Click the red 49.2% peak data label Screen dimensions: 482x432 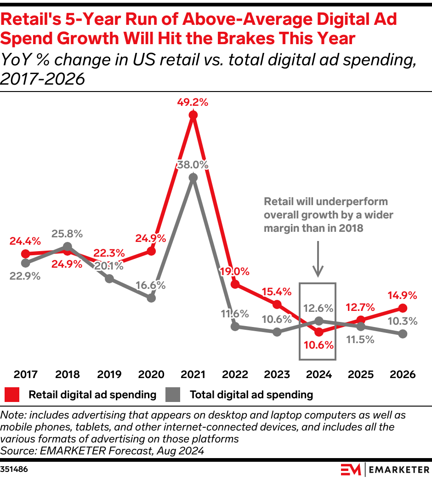click(193, 103)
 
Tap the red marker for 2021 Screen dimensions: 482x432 click(193, 115)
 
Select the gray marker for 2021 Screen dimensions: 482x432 click(193, 178)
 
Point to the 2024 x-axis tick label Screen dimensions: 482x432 click(318, 374)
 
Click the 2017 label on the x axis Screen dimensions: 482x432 click(26, 374)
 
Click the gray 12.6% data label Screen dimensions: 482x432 click(318, 307)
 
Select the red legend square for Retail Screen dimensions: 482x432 click(12, 394)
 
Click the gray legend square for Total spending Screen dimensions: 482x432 click(174, 394)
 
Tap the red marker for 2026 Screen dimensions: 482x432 click(403, 308)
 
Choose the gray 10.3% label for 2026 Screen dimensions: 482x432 click(403, 321)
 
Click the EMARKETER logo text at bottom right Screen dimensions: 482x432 click(398, 470)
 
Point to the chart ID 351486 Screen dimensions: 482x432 click(13, 469)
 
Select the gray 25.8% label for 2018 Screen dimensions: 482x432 click(68, 234)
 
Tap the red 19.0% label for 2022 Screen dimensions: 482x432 click(235, 271)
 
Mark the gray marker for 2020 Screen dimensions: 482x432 click(151, 298)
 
